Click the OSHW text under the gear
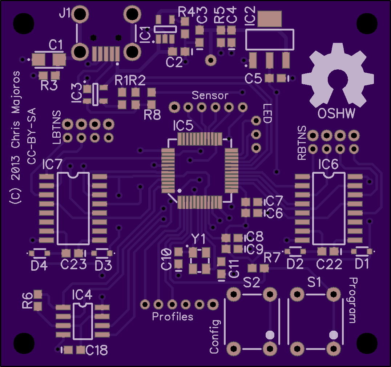click(x=336, y=113)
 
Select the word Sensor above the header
click(x=210, y=95)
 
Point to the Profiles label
click(x=173, y=316)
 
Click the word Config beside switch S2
click(x=215, y=336)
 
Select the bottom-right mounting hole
click(x=367, y=343)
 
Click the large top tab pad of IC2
click(x=270, y=19)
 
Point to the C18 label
click(x=97, y=350)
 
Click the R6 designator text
click(x=27, y=300)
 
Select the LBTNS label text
click(x=57, y=128)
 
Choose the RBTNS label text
click(x=302, y=143)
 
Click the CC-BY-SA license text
click(x=32, y=136)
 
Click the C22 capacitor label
click(x=329, y=264)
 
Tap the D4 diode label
click(x=39, y=266)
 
